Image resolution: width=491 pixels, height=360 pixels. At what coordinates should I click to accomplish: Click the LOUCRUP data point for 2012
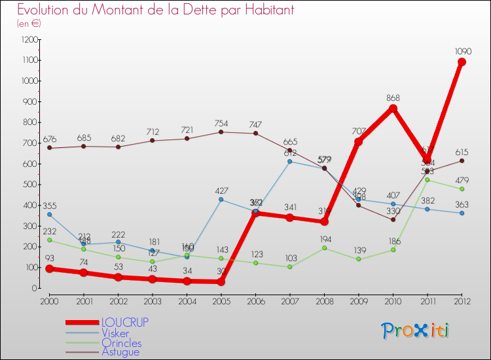tap(462, 62)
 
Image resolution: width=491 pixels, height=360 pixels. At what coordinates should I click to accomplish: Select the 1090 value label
tap(462, 50)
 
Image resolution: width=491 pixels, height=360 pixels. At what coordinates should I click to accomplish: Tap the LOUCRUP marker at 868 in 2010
tap(393, 108)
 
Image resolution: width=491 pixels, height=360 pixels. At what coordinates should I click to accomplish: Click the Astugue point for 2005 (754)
tap(221, 132)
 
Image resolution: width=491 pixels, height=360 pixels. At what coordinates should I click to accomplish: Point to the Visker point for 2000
tap(49, 214)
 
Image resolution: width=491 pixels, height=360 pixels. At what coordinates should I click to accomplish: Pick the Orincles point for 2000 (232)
tap(49, 240)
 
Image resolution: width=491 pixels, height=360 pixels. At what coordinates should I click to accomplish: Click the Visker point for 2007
tap(289, 161)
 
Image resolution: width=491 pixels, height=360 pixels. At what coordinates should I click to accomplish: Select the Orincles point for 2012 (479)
tap(462, 189)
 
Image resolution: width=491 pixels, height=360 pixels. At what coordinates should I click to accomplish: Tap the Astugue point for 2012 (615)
tap(462, 160)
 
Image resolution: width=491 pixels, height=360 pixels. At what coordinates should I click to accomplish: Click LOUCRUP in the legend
tap(124, 322)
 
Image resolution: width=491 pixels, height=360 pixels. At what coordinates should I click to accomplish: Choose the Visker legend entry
tap(115, 333)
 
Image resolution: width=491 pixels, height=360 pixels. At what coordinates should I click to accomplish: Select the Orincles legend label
tap(121, 343)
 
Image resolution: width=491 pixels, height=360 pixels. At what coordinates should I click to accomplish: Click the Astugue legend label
tap(120, 352)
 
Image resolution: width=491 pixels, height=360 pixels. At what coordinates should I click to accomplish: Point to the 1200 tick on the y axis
tap(29, 39)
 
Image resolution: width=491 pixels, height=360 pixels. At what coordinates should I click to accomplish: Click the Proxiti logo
tap(416, 331)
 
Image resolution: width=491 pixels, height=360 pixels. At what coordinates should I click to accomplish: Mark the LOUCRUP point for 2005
tap(221, 281)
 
